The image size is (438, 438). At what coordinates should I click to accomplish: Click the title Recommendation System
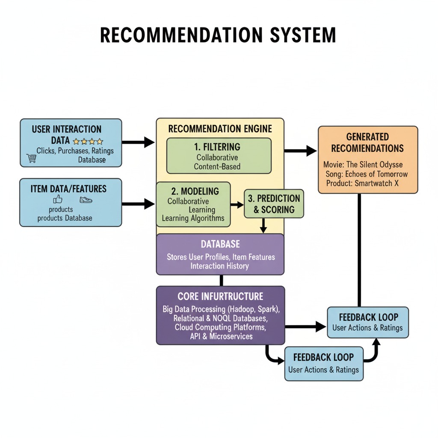coord(218,35)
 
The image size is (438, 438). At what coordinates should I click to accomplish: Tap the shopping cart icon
coord(31,159)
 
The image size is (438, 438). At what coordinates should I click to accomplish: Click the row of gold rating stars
coord(88,141)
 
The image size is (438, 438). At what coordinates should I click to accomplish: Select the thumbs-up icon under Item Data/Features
coord(57,199)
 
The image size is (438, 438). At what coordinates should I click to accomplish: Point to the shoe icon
coord(86,200)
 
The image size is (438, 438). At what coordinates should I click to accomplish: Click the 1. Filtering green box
coord(219,156)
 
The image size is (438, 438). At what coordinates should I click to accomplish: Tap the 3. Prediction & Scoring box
coord(274,204)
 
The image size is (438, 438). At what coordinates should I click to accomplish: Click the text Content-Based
coord(217,167)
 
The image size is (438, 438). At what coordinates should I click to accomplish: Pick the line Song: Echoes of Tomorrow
coord(367,174)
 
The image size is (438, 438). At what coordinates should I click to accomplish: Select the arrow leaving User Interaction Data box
coord(138,142)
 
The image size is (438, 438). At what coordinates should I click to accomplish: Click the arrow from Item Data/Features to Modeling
coord(138,204)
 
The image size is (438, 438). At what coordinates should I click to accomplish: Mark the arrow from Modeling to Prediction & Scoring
coord(237,205)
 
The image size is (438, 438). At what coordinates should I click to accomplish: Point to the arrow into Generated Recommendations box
coord(300,150)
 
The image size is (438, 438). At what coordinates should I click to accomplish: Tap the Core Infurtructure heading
coord(220,296)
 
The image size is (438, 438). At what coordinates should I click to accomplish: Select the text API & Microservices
coord(221,336)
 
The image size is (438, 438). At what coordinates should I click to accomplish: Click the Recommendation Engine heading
coord(220,129)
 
